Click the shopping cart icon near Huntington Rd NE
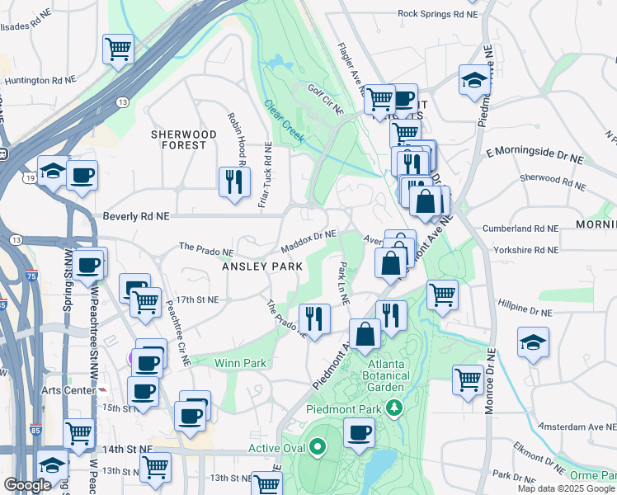118,49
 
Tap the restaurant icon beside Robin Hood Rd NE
234,181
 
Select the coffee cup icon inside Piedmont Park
359,432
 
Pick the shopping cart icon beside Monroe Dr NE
468,380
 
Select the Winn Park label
237,362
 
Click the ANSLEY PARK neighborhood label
256,266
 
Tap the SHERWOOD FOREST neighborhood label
178,139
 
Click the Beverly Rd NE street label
136,215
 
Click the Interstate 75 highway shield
31,277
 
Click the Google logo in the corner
28,484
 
